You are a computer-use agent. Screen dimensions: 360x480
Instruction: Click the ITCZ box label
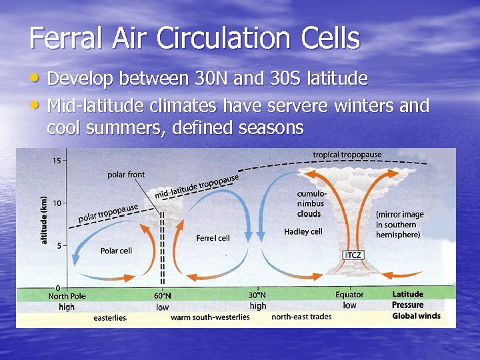pos(353,255)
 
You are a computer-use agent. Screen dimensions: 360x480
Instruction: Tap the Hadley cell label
pos(303,231)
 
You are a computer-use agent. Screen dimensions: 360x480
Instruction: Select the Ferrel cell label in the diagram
pos(213,238)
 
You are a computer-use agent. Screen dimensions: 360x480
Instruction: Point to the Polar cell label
pos(116,251)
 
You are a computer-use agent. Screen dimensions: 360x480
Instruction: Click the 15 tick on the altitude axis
pos(57,160)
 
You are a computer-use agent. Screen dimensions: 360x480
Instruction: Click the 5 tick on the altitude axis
pos(59,245)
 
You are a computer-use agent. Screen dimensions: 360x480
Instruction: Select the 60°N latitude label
pos(163,295)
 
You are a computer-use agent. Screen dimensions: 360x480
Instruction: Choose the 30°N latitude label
pos(257,295)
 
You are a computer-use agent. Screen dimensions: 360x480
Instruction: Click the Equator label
pos(349,295)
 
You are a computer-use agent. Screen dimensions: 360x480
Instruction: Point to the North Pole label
pos(67,295)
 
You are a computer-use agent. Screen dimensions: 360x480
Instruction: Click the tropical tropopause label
pos(347,155)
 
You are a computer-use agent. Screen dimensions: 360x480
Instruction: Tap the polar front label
pos(126,175)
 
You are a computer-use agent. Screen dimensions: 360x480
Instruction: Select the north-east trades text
pos(301,317)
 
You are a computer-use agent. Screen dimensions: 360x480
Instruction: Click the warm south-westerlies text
pos(210,317)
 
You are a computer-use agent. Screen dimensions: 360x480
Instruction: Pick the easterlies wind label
pos(110,317)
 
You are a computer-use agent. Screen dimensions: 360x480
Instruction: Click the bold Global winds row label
pos(416,316)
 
